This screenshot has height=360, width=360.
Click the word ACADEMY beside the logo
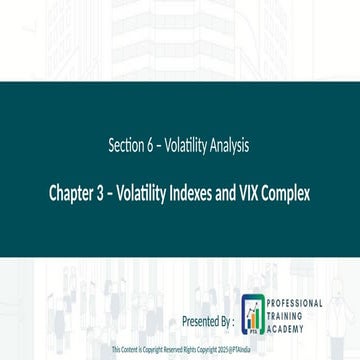(x=284, y=324)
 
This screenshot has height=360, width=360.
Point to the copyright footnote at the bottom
(x=180, y=352)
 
